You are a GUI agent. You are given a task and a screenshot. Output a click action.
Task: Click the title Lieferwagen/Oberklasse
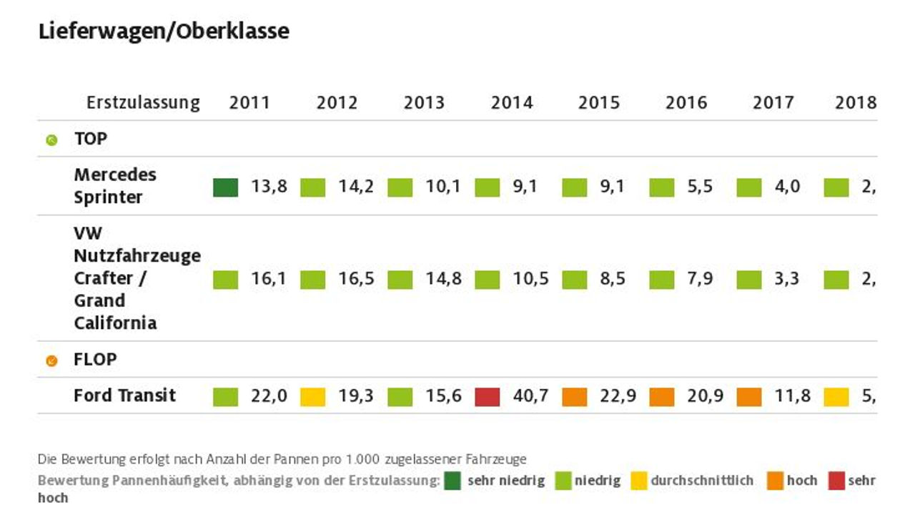click(x=164, y=31)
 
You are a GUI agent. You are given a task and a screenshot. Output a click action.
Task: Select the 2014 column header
click(x=512, y=103)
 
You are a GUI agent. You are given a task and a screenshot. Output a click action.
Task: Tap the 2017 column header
click(x=773, y=103)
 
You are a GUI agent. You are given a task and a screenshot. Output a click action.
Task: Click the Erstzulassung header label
click(x=143, y=103)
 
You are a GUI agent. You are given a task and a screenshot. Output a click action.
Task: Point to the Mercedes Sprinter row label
click(x=115, y=186)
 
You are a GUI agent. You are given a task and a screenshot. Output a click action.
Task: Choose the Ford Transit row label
click(x=124, y=396)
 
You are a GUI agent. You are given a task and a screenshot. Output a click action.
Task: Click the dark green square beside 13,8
click(x=225, y=187)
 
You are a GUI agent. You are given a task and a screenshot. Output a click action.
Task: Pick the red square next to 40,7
click(x=488, y=397)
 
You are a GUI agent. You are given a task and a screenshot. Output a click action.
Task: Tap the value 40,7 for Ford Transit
click(x=530, y=396)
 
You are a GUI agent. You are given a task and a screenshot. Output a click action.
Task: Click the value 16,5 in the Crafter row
click(x=356, y=278)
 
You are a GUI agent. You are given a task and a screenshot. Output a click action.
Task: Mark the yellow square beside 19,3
click(x=312, y=397)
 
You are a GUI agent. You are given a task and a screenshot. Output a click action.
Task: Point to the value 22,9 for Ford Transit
click(x=618, y=396)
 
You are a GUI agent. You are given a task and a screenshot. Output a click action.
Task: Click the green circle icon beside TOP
click(x=51, y=140)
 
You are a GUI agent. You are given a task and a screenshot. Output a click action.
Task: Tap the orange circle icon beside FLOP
click(x=51, y=361)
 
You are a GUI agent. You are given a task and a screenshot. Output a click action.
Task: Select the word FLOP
click(x=95, y=360)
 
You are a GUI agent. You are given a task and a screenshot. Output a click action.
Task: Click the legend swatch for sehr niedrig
click(x=452, y=481)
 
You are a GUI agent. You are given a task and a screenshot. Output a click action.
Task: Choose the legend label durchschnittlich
click(x=702, y=481)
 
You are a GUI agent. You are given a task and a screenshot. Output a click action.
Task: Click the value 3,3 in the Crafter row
click(x=786, y=278)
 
